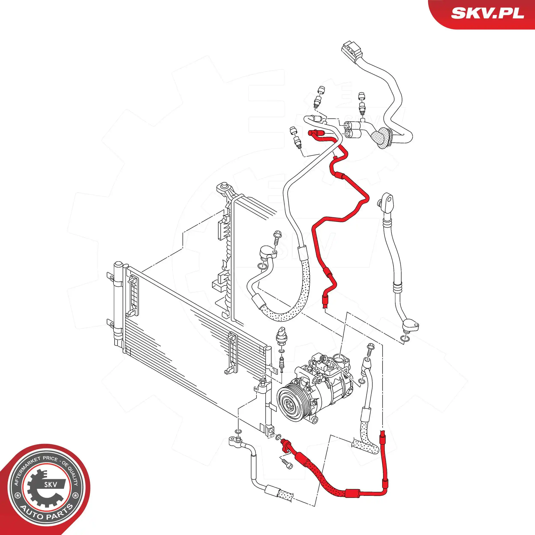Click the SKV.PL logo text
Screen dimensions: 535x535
point(488,13)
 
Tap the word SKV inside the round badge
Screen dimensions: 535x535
point(51,484)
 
